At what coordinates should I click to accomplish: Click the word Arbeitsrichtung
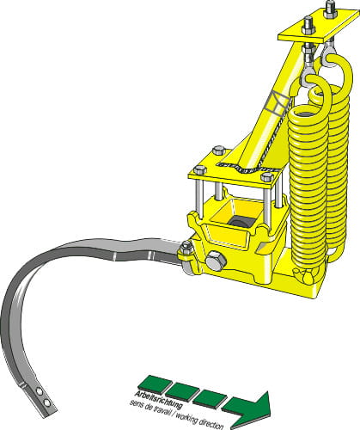159,399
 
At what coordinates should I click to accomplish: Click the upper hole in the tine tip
40,390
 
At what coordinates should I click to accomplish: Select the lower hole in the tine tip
46,402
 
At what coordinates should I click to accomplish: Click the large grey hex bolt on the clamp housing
216,261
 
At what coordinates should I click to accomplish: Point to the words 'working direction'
198,419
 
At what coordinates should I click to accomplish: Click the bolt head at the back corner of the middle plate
219,150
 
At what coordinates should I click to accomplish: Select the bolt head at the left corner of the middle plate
200,169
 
